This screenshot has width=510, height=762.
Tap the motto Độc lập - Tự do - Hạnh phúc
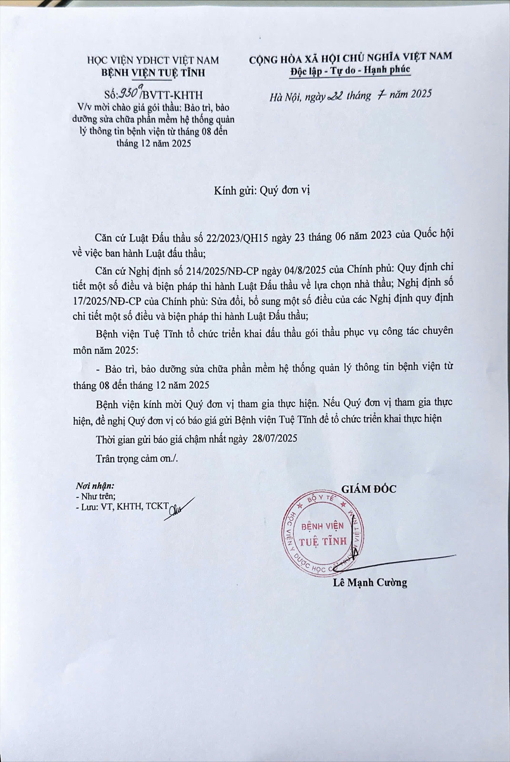point(350,70)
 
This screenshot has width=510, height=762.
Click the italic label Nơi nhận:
point(95,486)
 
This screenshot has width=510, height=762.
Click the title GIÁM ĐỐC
point(369,489)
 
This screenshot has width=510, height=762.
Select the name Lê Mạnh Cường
point(370,582)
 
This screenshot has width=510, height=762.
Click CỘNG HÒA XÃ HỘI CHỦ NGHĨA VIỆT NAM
point(350,57)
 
